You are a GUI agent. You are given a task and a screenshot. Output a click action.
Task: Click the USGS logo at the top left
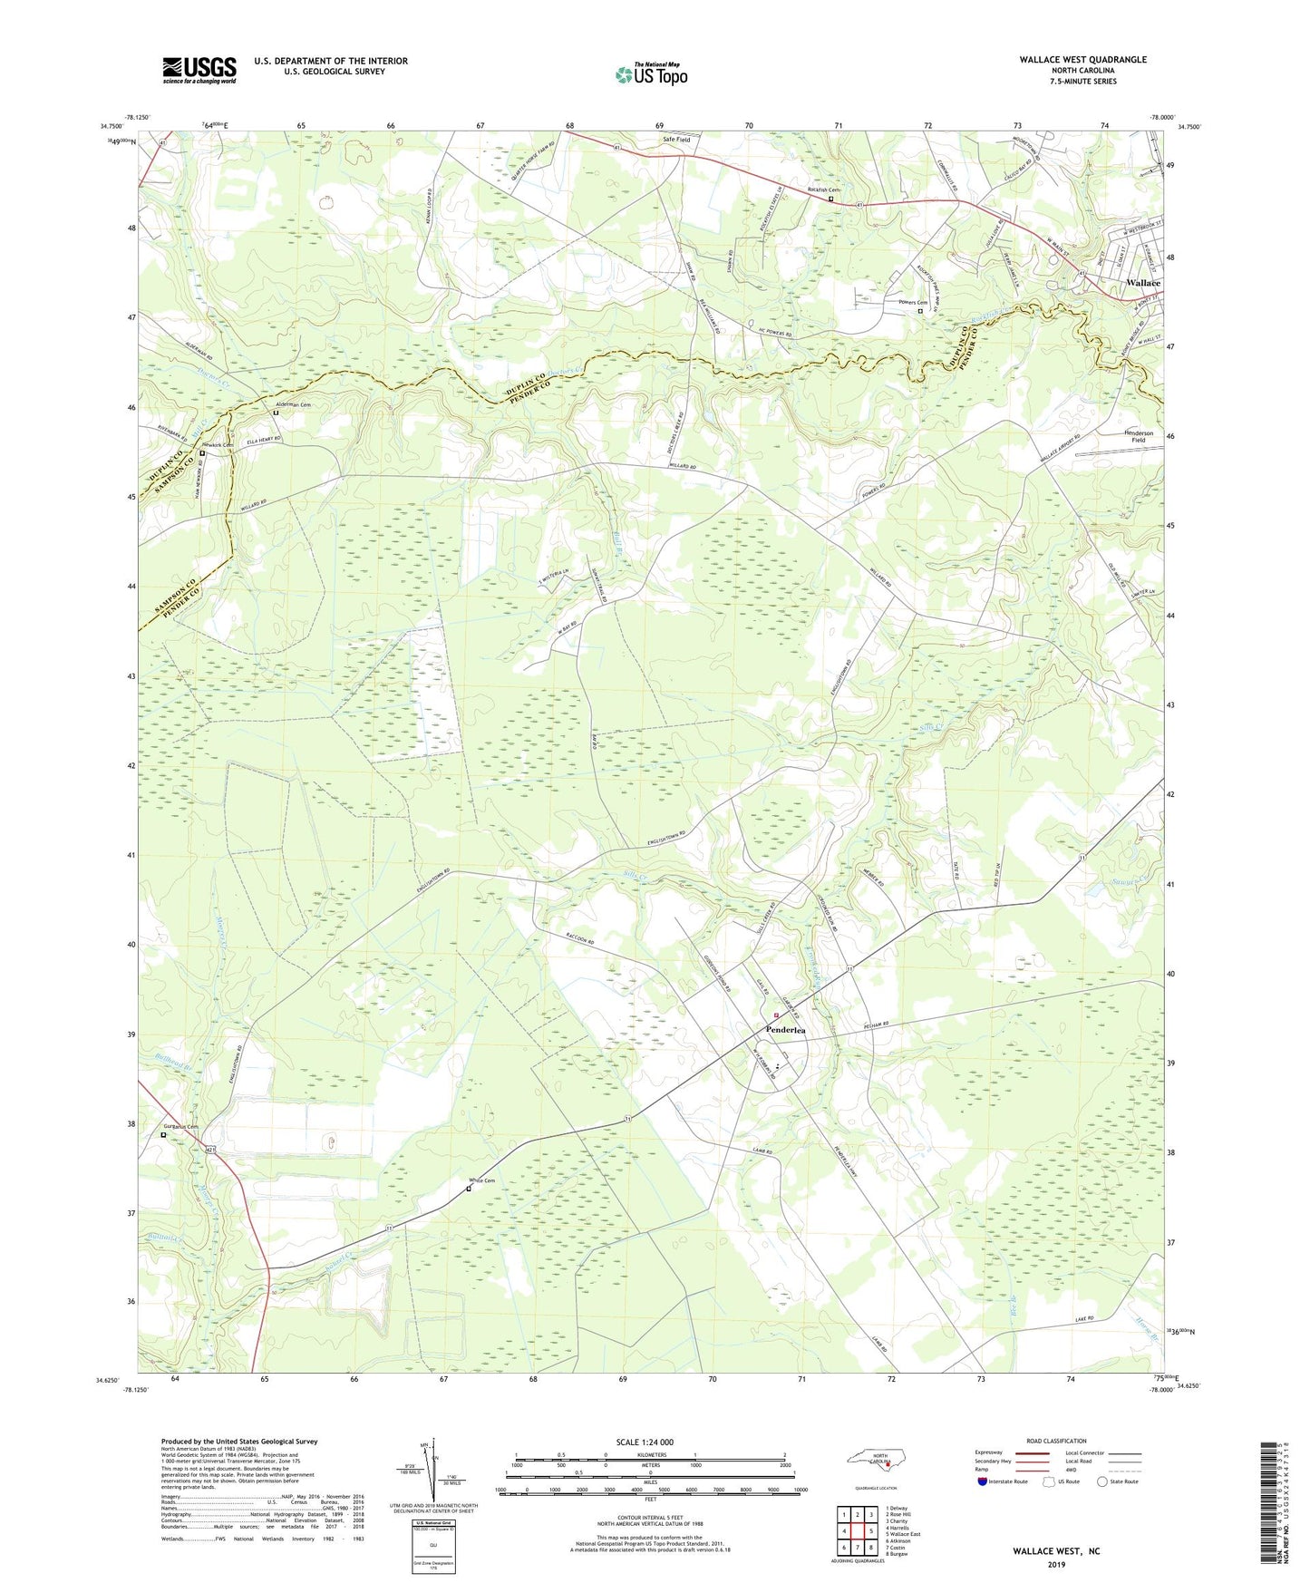[199, 70]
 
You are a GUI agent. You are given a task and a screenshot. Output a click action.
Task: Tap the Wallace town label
[1142, 283]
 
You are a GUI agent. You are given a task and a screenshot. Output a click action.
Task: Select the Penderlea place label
[785, 1030]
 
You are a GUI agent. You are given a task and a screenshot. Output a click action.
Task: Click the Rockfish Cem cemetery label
[824, 189]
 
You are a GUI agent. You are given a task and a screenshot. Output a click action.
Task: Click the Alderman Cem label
[293, 405]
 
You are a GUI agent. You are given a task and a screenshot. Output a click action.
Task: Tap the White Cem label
[481, 1180]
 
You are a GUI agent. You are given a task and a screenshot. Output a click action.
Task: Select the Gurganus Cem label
[180, 1127]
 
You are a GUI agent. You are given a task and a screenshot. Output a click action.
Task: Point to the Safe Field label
[676, 140]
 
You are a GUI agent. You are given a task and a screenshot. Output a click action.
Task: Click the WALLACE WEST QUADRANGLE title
[1082, 60]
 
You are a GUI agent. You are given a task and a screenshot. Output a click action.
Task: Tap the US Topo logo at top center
[650, 74]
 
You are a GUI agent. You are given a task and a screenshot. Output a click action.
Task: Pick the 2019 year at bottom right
[1056, 1564]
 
